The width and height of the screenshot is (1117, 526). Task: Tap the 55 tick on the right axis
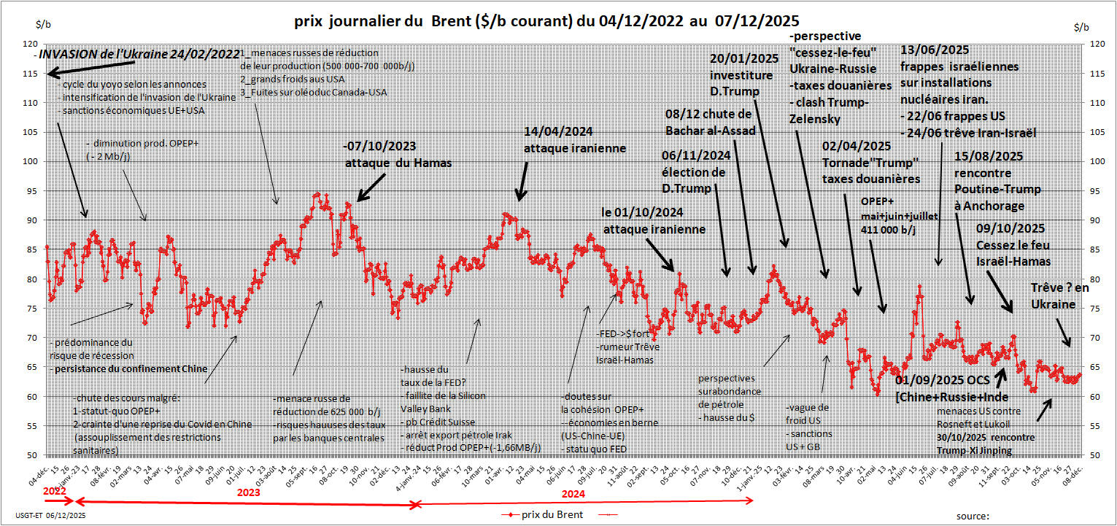[x=1094, y=425]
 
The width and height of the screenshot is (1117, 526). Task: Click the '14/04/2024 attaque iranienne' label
[x=575, y=140]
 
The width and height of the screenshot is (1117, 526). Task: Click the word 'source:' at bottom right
[x=973, y=516]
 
